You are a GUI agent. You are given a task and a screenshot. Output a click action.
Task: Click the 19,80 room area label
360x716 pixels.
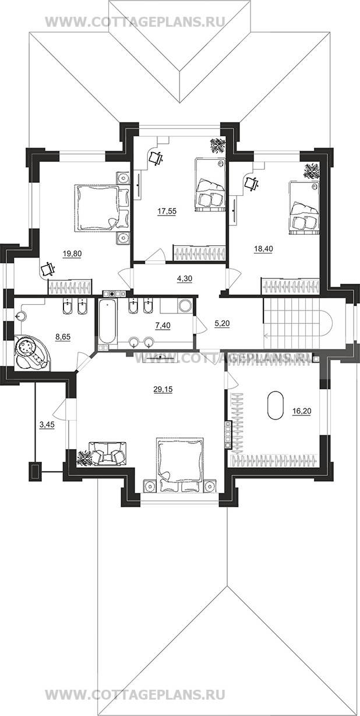point(72,254)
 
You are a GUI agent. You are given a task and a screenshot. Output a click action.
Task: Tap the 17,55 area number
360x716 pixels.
point(167,211)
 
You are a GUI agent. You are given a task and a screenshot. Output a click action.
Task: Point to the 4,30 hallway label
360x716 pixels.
point(185,278)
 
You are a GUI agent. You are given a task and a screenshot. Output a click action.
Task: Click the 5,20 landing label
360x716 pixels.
point(222,323)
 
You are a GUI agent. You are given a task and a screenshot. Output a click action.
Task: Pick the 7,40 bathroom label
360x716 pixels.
point(163,326)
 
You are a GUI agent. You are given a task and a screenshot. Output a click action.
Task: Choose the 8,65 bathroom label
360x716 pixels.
point(63,336)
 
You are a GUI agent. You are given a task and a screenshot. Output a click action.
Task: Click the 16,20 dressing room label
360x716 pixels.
point(302,411)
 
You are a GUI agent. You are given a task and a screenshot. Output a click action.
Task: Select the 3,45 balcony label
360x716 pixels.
point(47,425)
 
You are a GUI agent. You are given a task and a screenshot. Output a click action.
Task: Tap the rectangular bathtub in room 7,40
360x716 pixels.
point(108,322)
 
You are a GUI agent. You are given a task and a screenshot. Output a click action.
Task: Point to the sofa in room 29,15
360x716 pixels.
point(107,453)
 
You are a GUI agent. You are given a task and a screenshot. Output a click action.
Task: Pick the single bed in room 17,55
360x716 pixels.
point(209,185)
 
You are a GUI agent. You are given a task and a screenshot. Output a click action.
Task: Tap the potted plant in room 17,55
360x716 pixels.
point(218,147)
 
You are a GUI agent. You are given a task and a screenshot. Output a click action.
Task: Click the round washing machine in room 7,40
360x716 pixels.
point(185,306)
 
